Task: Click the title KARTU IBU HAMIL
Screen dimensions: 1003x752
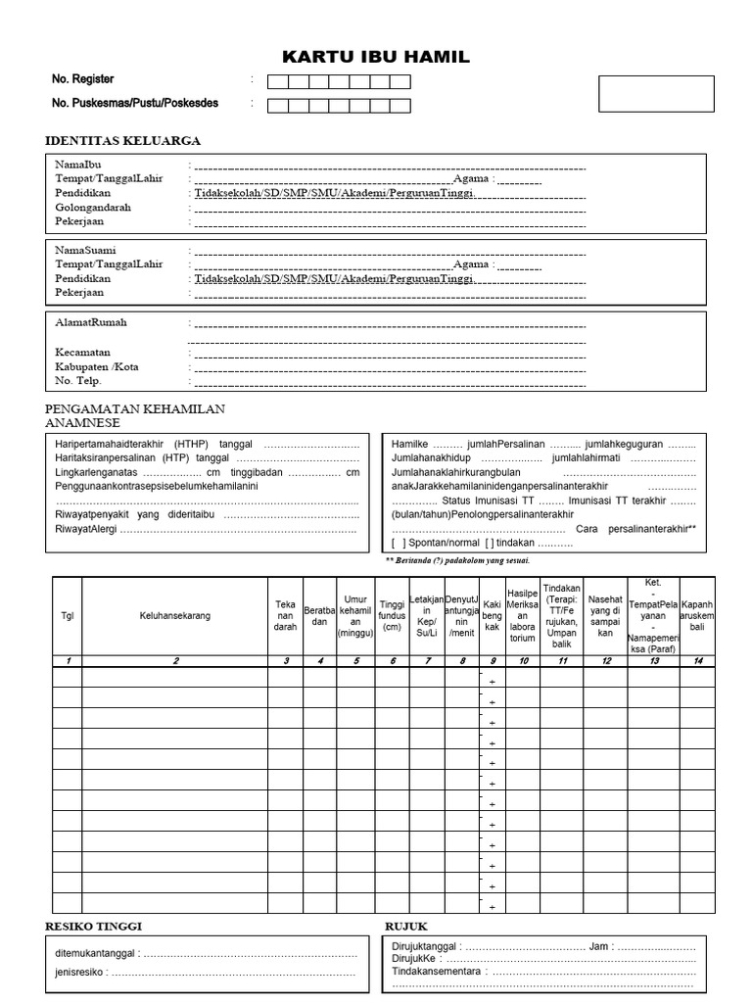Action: click(x=376, y=58)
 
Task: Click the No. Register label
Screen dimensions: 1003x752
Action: click(x=83, y=79)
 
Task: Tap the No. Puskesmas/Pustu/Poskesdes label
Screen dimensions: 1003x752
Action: click(x=135, y=103)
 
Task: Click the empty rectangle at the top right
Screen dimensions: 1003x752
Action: click(x=656, y=94)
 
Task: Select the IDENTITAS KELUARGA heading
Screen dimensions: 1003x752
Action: click(x=122, y=141)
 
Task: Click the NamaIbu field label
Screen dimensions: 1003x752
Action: click(x=78, y=166)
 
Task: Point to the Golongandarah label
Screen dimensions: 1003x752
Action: click(x=93, y=208)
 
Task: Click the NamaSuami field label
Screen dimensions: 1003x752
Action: click(x=84, y=251)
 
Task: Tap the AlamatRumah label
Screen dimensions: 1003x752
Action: click(x=91, y=322)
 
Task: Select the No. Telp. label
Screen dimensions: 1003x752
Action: click(x=78, y=380)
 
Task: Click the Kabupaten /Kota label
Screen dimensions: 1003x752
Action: click(x=97, y=366)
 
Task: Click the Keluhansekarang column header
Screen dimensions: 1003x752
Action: click(x=174, y=616)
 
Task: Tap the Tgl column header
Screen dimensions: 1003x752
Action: click(x=68, y=616)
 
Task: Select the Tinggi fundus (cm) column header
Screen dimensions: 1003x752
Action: click(x=392, y=616)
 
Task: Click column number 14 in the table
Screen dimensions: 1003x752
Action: click(x=697, y=661)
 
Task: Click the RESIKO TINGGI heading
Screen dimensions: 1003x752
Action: click(x=100, y=927)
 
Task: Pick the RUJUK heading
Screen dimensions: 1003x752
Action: click(x=406, y=927)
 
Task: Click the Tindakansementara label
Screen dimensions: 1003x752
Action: click(x=436, y=972)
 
